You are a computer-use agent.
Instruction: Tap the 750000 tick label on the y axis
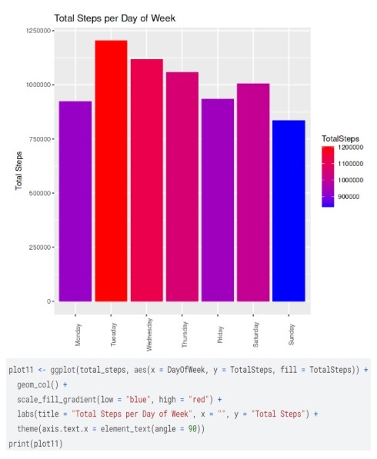coord(38,138)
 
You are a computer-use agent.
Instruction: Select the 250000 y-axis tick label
coord(38,247)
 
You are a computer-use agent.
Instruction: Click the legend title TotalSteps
coord(340,138)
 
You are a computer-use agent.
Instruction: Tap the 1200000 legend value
coord(350,148)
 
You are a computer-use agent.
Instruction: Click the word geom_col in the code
coord(34,384)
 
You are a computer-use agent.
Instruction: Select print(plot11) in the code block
coord(36,444)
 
